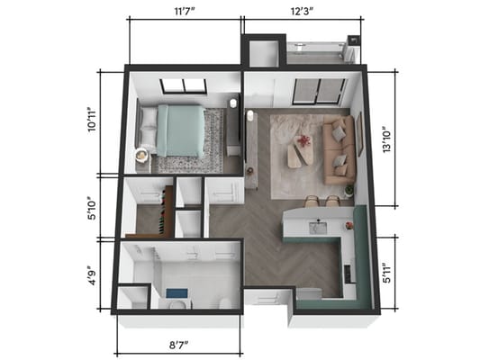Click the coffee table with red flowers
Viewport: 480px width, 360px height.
(x=301, y=149)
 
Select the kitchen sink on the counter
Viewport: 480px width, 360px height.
(x=317, y=228)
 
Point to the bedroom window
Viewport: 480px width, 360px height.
(x=184, y=87)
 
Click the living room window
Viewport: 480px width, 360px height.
(x=320, y=92)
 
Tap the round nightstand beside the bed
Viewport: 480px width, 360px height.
(x=142, y=156)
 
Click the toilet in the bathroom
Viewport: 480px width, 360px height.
(x=175, y=305)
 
